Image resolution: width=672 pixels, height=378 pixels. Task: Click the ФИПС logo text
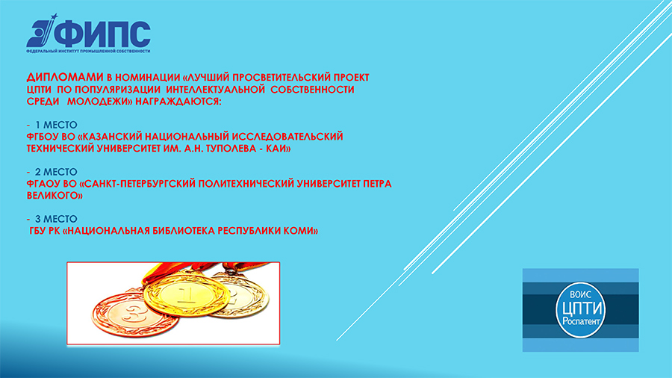coord(102,34)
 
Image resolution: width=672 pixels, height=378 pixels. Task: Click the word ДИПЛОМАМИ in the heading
coord(65,77)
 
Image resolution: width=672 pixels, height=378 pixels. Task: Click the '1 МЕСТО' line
coord(52,125)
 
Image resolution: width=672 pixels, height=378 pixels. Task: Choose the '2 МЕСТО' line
coord(52,172)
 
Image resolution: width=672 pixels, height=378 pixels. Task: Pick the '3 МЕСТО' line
coord(52,219)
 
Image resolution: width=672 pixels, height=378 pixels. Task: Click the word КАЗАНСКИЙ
coord(113,137)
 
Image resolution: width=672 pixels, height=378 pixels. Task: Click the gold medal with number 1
coord(186,294)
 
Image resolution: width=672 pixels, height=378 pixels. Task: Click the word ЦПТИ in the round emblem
coord(582,309)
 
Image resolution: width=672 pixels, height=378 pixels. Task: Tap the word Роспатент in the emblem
coord(581,321)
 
